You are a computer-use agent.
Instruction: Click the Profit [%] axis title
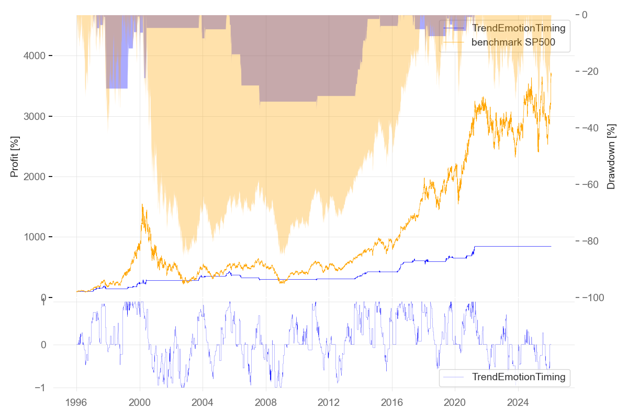pos(15,156)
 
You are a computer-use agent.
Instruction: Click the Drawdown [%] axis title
pos(611,156)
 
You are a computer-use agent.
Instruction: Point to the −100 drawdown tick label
pos(596,297)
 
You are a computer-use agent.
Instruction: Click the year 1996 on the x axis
pos(76,404)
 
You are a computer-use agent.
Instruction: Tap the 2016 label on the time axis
pos(392,404)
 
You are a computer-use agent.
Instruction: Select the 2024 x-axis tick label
pos(518,404)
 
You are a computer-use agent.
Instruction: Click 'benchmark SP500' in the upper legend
pos(513,42)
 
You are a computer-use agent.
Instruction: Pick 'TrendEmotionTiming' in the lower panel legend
pos(518,377)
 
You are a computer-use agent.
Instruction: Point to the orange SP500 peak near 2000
pos(142,205)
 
